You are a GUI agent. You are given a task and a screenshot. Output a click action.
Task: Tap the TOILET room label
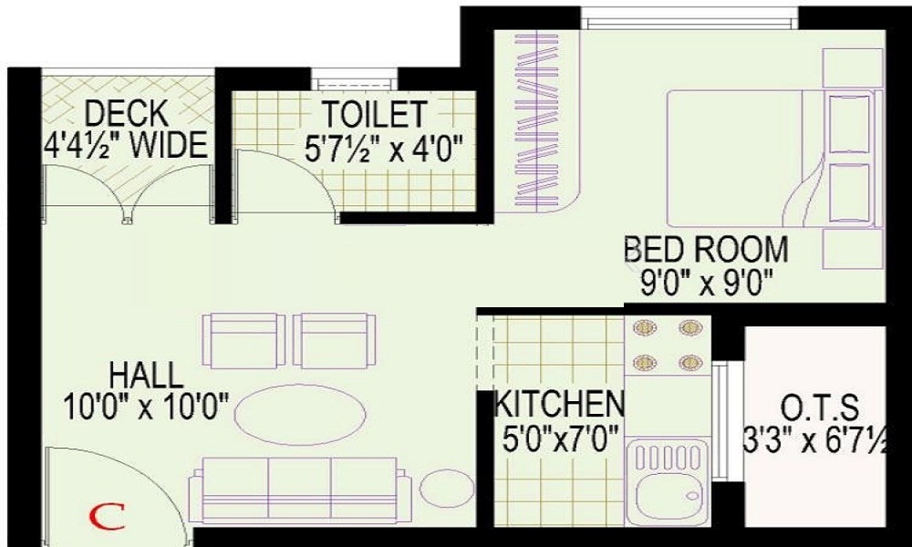tap(374, 114)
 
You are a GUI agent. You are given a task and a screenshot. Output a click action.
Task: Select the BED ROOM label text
tap(706, 249)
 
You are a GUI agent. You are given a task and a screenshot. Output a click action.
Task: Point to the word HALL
tap(146, 374)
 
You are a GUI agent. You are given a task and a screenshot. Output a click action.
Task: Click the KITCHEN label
tap(559, 402)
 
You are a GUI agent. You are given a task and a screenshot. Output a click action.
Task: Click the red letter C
tap(109, 518)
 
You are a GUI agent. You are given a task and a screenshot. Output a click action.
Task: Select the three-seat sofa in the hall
tap(299, 490)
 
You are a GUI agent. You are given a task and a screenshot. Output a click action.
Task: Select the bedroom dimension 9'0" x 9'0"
tap(707, 280)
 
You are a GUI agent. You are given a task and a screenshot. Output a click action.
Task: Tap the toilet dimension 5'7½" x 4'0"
tap(384, 146)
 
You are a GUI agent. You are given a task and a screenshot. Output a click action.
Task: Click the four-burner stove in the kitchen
tap(667, 344)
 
